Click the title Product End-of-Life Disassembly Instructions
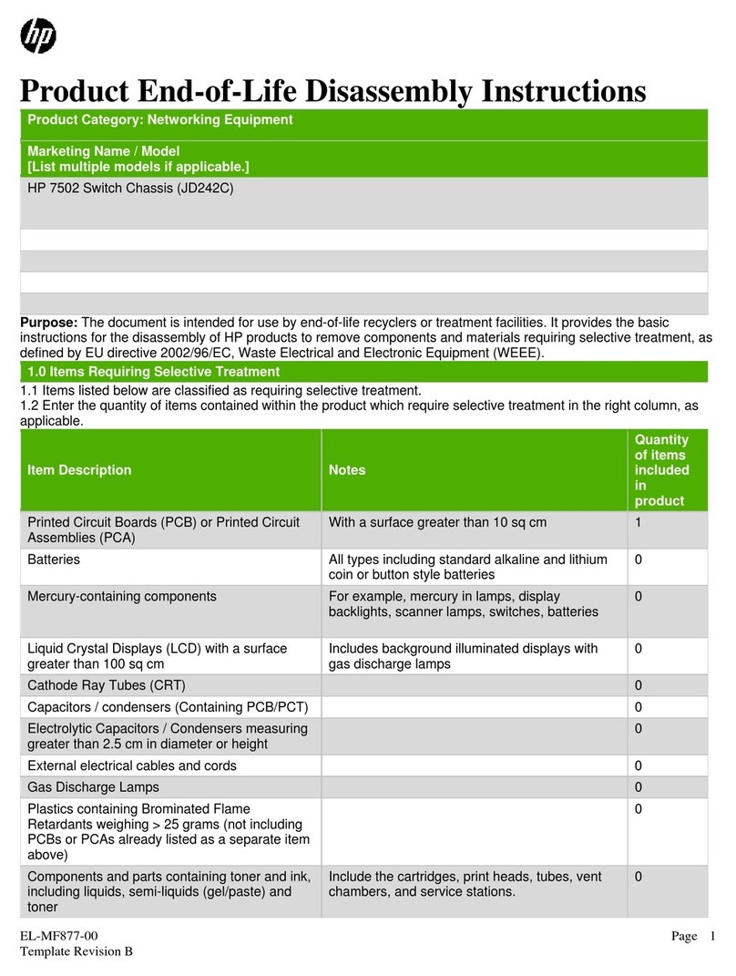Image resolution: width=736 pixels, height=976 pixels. click(x=333, y=91)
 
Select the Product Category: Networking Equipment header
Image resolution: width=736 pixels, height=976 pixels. click(x=159, y=119)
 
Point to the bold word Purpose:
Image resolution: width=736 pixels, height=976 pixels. click(x=50, y=323)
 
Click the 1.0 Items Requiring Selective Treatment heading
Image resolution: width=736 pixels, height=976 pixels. click(x=153, y=372)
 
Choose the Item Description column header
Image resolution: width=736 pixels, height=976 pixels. click(x=79, y=470)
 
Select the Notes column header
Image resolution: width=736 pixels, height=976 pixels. click(x=347, y=470)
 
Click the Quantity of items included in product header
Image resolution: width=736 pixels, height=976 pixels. click(x=661, y=470)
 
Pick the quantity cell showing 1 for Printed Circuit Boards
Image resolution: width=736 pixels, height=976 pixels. click(x=639, y=522)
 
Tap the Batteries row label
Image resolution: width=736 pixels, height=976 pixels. click(x=54, y=559)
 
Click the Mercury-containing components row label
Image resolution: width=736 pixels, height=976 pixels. click(x=122, y=596)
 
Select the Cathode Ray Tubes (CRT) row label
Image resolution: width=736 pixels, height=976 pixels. click(x=112, y=685)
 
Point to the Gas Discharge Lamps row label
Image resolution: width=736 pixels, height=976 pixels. click(x=93, y=786)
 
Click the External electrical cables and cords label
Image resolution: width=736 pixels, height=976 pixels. click(x=132, y=765)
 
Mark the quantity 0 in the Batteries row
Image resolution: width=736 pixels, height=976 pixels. click(x=639, y=559)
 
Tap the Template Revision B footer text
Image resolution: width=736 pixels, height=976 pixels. click(x=77, y=952)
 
